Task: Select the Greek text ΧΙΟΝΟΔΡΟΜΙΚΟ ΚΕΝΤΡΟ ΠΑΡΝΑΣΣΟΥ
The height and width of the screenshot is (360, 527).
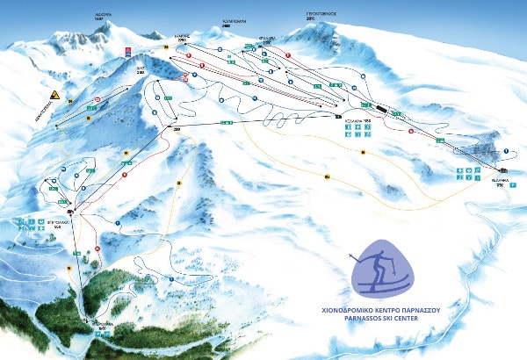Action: pos(380,308)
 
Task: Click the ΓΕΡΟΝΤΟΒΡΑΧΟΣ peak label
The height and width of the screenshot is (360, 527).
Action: pos(322,16)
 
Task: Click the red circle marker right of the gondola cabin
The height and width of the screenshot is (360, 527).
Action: pos(409,130)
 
